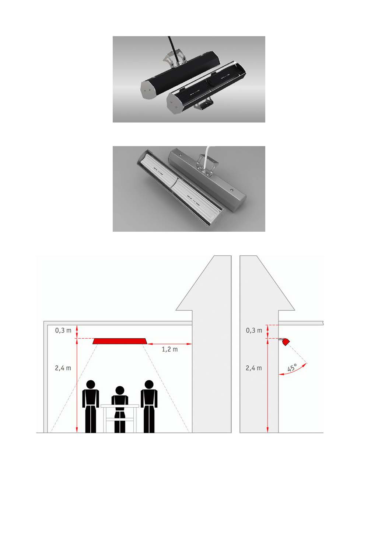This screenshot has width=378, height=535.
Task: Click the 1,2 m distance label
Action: [169, 349]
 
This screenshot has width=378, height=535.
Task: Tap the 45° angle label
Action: [293, 367]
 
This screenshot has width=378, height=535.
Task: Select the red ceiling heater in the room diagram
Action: [120, 341]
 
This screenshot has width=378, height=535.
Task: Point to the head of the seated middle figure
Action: [120, 390]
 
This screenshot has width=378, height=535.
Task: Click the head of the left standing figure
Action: [91, 384]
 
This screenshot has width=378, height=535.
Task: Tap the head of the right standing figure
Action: [149, 384]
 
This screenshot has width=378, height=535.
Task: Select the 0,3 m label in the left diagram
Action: [63, 331]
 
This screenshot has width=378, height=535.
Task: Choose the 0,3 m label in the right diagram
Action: [254, 331]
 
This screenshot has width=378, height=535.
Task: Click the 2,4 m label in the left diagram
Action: [63, 368]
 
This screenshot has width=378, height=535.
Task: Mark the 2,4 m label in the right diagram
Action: [254, 368]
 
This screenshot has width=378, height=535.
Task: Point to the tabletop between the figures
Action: [120, 406]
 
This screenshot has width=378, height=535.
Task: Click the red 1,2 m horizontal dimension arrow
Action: [169, 344]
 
